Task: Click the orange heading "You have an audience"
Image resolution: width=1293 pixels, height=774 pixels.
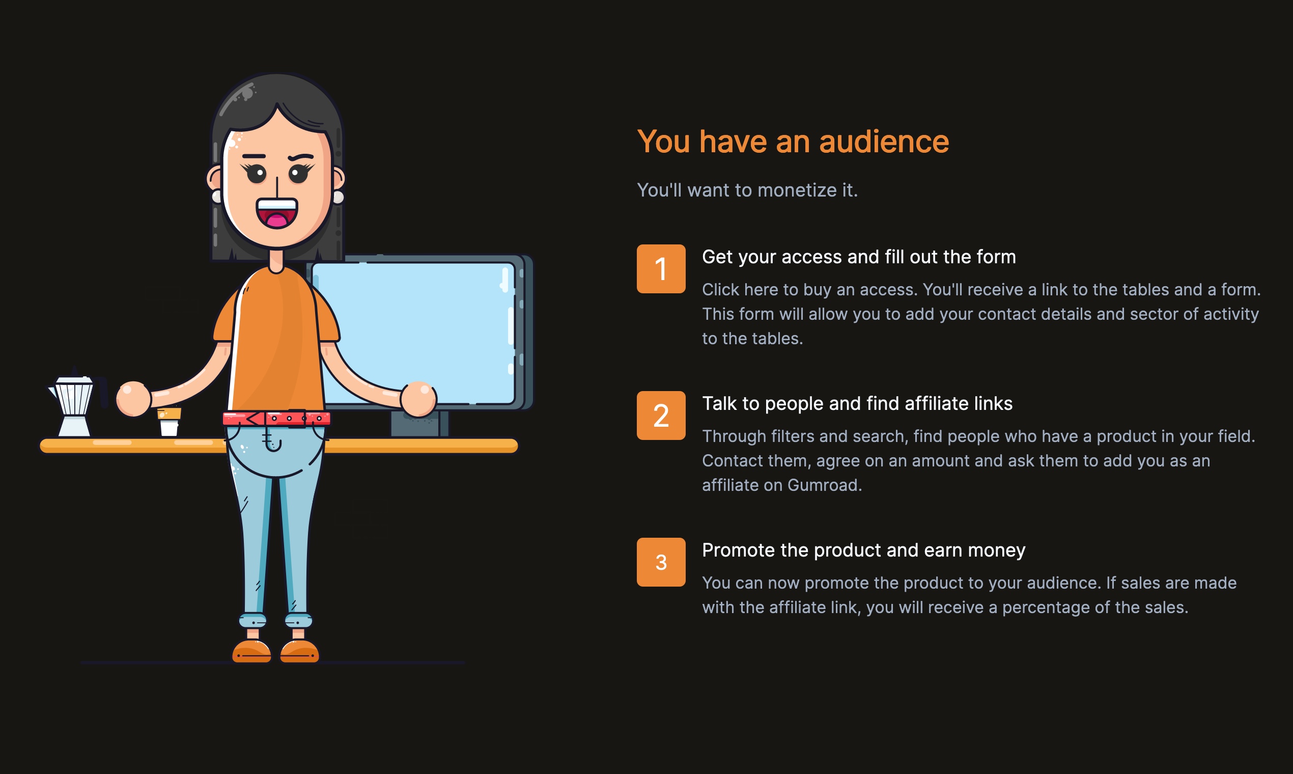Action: point(793,142)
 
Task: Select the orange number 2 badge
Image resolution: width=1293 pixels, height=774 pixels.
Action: point(661,415)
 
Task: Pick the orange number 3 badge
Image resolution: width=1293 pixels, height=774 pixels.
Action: point(661,562)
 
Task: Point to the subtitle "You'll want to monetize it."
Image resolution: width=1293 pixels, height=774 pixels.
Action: point(747,190)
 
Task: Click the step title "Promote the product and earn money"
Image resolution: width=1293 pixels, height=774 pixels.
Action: point(863,550)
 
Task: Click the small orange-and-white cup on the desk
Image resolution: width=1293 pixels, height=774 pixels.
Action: point(169,422)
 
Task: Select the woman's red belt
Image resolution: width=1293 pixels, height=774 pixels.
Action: point(276,418)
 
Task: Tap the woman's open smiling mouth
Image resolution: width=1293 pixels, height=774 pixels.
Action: point(276,213)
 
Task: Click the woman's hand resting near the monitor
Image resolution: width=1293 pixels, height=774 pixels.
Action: point(418,399)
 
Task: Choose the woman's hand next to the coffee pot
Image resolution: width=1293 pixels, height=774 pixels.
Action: point(133,399)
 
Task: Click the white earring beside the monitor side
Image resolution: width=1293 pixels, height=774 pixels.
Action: point(339,197)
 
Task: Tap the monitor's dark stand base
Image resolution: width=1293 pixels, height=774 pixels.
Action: point(419,424)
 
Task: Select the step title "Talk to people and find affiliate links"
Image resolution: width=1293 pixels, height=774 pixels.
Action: point(857,403)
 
